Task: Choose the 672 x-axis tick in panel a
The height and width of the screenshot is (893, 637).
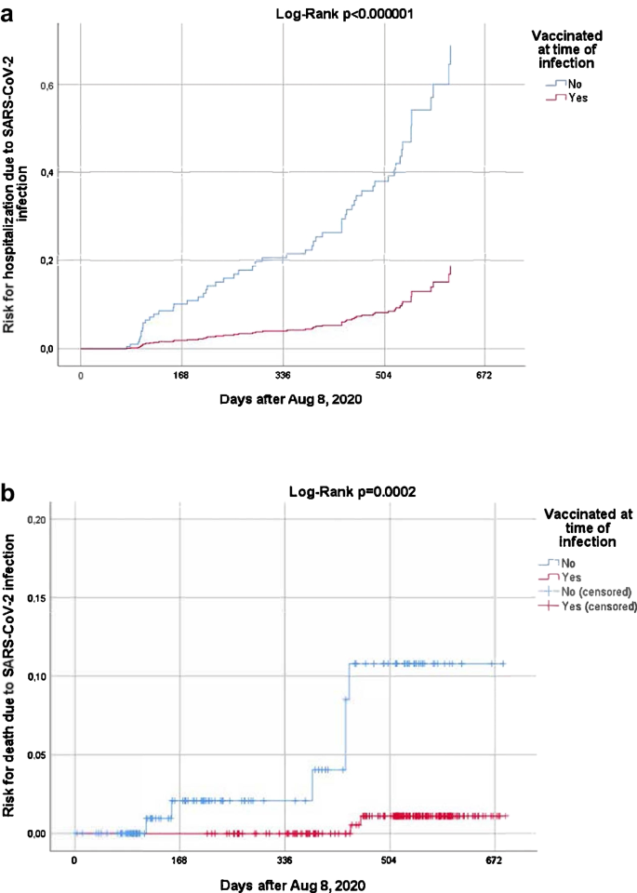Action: pos(484,377)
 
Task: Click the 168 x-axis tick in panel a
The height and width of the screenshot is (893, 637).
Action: pos(180,377)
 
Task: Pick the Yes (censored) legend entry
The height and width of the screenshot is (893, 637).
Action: pos(589,606)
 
